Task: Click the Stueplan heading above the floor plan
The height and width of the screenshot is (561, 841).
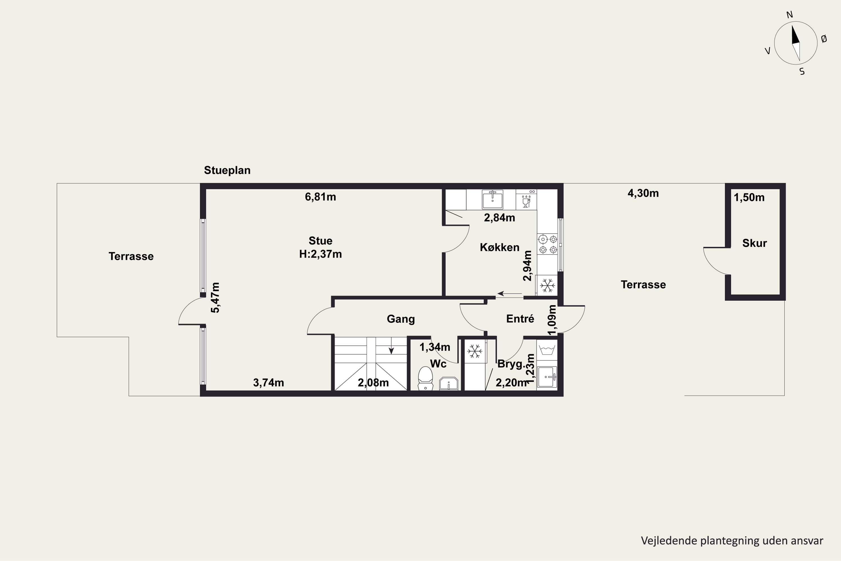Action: [x=227, y=170]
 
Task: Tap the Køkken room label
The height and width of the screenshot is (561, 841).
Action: [x=500, y=247]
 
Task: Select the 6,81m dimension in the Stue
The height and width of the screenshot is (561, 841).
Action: [x=320, y=197]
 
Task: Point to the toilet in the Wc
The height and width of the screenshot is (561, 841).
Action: [x=426, y=378]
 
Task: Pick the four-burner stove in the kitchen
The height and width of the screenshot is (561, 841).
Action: [x=548, y=244]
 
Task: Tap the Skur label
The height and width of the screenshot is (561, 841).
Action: [x=754, y=243]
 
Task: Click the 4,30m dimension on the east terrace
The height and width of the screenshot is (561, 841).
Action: [x=643, y=193]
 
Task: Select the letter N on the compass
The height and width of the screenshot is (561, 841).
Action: [x=789, y=15]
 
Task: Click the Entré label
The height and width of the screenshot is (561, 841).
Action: [x=520, y=318]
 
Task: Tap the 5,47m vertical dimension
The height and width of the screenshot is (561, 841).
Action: [x=215, y=298]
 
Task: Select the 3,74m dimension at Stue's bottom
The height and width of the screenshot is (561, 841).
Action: [x=269, y=383]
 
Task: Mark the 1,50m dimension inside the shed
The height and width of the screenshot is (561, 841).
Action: [x=749, y=197]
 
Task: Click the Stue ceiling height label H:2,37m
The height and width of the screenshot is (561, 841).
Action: [x=320, y=254]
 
